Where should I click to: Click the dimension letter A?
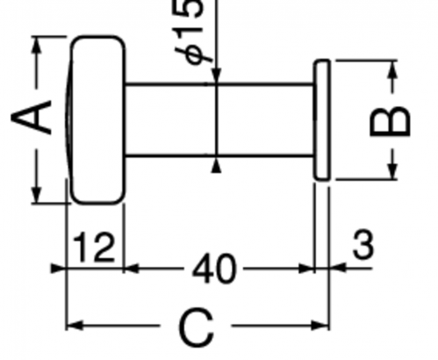(31, 117)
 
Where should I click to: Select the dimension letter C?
(196, 327)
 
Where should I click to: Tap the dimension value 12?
(93, 247)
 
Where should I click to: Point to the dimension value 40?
(213, 269)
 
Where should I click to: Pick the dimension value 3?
(363, 244)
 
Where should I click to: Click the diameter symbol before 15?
(195, 54)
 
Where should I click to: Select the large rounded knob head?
(96, 119)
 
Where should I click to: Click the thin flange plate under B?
(322, 119)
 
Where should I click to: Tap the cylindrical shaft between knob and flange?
(219, 119)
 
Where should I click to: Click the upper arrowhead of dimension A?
(36, 46)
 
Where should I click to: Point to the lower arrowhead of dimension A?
(36, 193)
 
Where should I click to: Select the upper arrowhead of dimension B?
(393, 69)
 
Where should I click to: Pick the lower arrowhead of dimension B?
(393, 169)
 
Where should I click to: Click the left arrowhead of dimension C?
(75, 326)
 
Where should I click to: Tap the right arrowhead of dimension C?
(320, 326)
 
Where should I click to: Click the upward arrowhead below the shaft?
(216, 166)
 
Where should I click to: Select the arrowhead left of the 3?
(337, 268)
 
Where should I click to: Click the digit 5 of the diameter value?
(193, 8)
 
